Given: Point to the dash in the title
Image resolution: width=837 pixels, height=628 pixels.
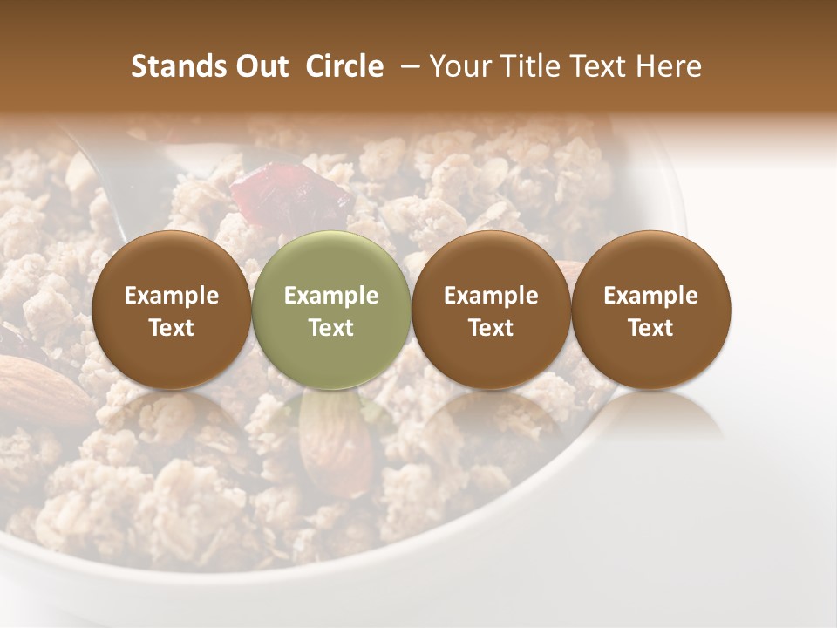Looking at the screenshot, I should click(406, 66).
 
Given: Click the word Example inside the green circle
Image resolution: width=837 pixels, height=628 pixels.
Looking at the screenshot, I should click(331, 296).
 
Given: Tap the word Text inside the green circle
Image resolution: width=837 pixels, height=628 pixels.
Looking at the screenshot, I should click(331, 328).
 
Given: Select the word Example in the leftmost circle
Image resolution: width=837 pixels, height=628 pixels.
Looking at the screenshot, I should click(171, 296).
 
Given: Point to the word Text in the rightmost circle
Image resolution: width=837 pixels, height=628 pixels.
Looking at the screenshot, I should click(650, 328).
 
